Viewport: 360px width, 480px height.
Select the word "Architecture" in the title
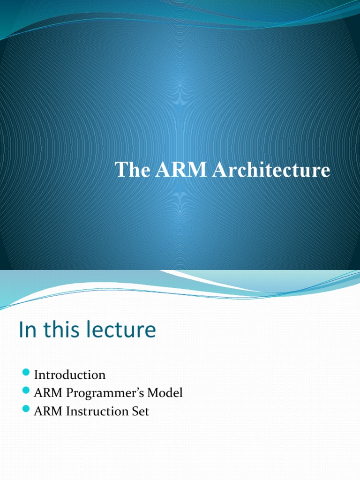pyautogui.click(x=271, y=170)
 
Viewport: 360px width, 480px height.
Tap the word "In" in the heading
pyautogui.click(x=26, y=330)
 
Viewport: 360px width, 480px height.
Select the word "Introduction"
pyautogui.click(x=70, y=375)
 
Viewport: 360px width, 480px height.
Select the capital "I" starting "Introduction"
pyautogui.click(x=36, y=375)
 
